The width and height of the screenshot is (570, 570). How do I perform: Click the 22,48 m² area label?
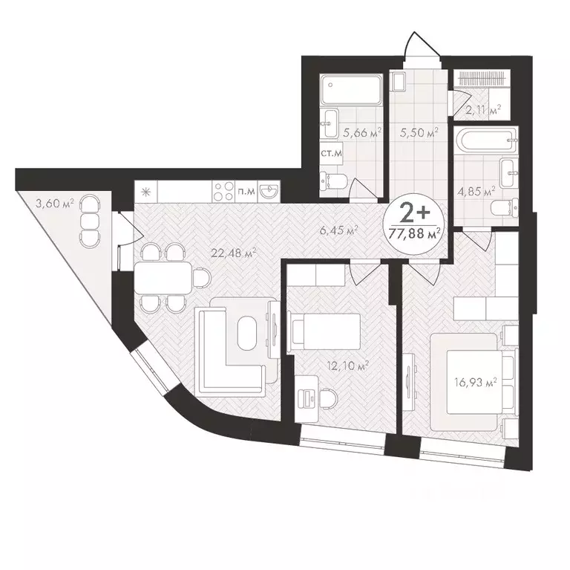click(x=233, y=253)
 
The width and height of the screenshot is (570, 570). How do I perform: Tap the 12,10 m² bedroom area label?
click(x=348, y=365)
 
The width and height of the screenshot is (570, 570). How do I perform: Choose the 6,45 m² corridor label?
click(x=338, y=230)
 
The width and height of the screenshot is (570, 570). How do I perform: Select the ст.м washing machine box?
click(x=330, y=153)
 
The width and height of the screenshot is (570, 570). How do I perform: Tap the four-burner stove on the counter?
click(x=222, y=191)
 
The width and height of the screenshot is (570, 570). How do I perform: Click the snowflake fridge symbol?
click(x=145, y=192)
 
